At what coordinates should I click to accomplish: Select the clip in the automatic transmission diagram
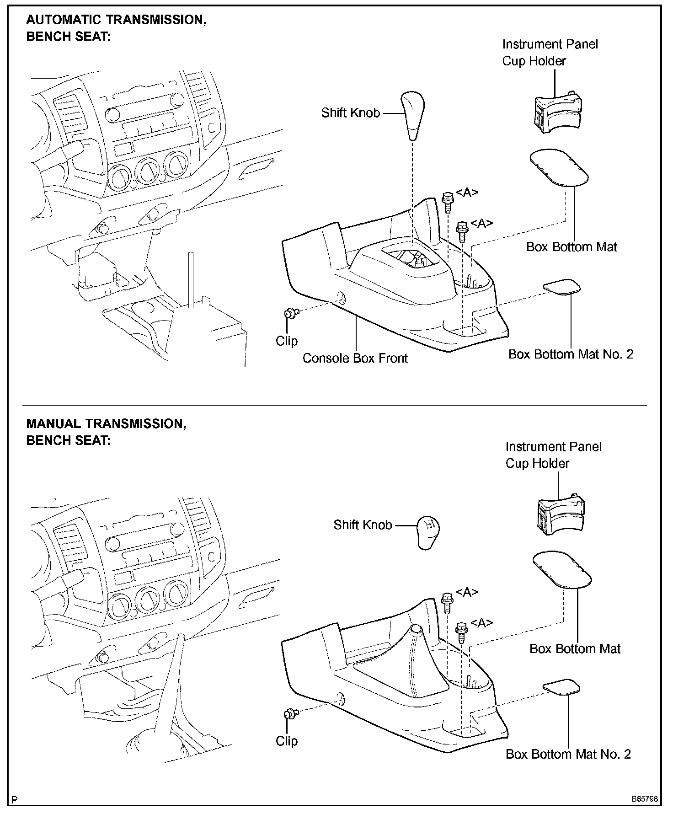(290, 314)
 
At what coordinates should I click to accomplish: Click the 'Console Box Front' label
(355, 358)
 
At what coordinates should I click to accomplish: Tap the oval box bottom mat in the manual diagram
(562, 570)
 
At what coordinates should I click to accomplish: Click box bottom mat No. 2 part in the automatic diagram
(562, 287)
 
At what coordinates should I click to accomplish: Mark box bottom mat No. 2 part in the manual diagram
(561, 687)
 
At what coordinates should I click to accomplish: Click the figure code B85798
(645, 799)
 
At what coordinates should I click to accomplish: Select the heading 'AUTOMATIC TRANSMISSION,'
(116, 20)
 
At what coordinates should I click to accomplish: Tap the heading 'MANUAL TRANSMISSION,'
(106, 423)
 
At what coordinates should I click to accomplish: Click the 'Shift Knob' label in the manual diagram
(363, 525)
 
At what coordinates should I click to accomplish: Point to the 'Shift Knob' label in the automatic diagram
(350, 112)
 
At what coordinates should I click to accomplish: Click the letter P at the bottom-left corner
(16, 800)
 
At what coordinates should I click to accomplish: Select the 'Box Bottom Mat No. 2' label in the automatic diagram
(571, 354)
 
